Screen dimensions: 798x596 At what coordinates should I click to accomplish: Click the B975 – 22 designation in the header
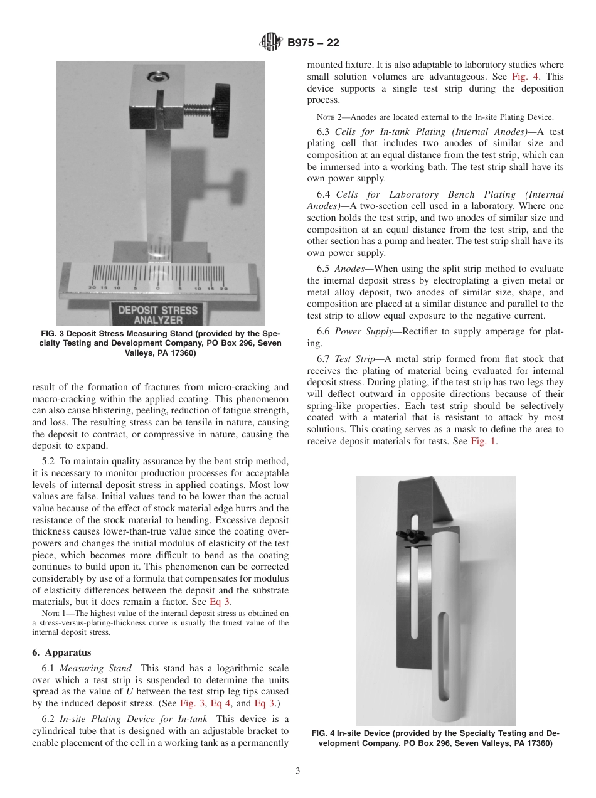tap(313, 43)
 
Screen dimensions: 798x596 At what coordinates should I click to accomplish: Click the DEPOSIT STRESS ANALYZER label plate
tap(157, 315)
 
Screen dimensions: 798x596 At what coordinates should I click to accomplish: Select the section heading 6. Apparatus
tap(61, 652)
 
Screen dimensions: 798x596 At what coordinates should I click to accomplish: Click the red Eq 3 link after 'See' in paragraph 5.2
tap(220, 602)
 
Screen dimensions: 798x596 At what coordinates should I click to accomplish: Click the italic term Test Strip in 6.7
tap(353, 359)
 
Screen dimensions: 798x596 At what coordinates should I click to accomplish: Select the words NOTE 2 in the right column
tap(330, 117)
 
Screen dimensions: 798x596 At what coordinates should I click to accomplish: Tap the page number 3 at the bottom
tap(298, 771)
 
